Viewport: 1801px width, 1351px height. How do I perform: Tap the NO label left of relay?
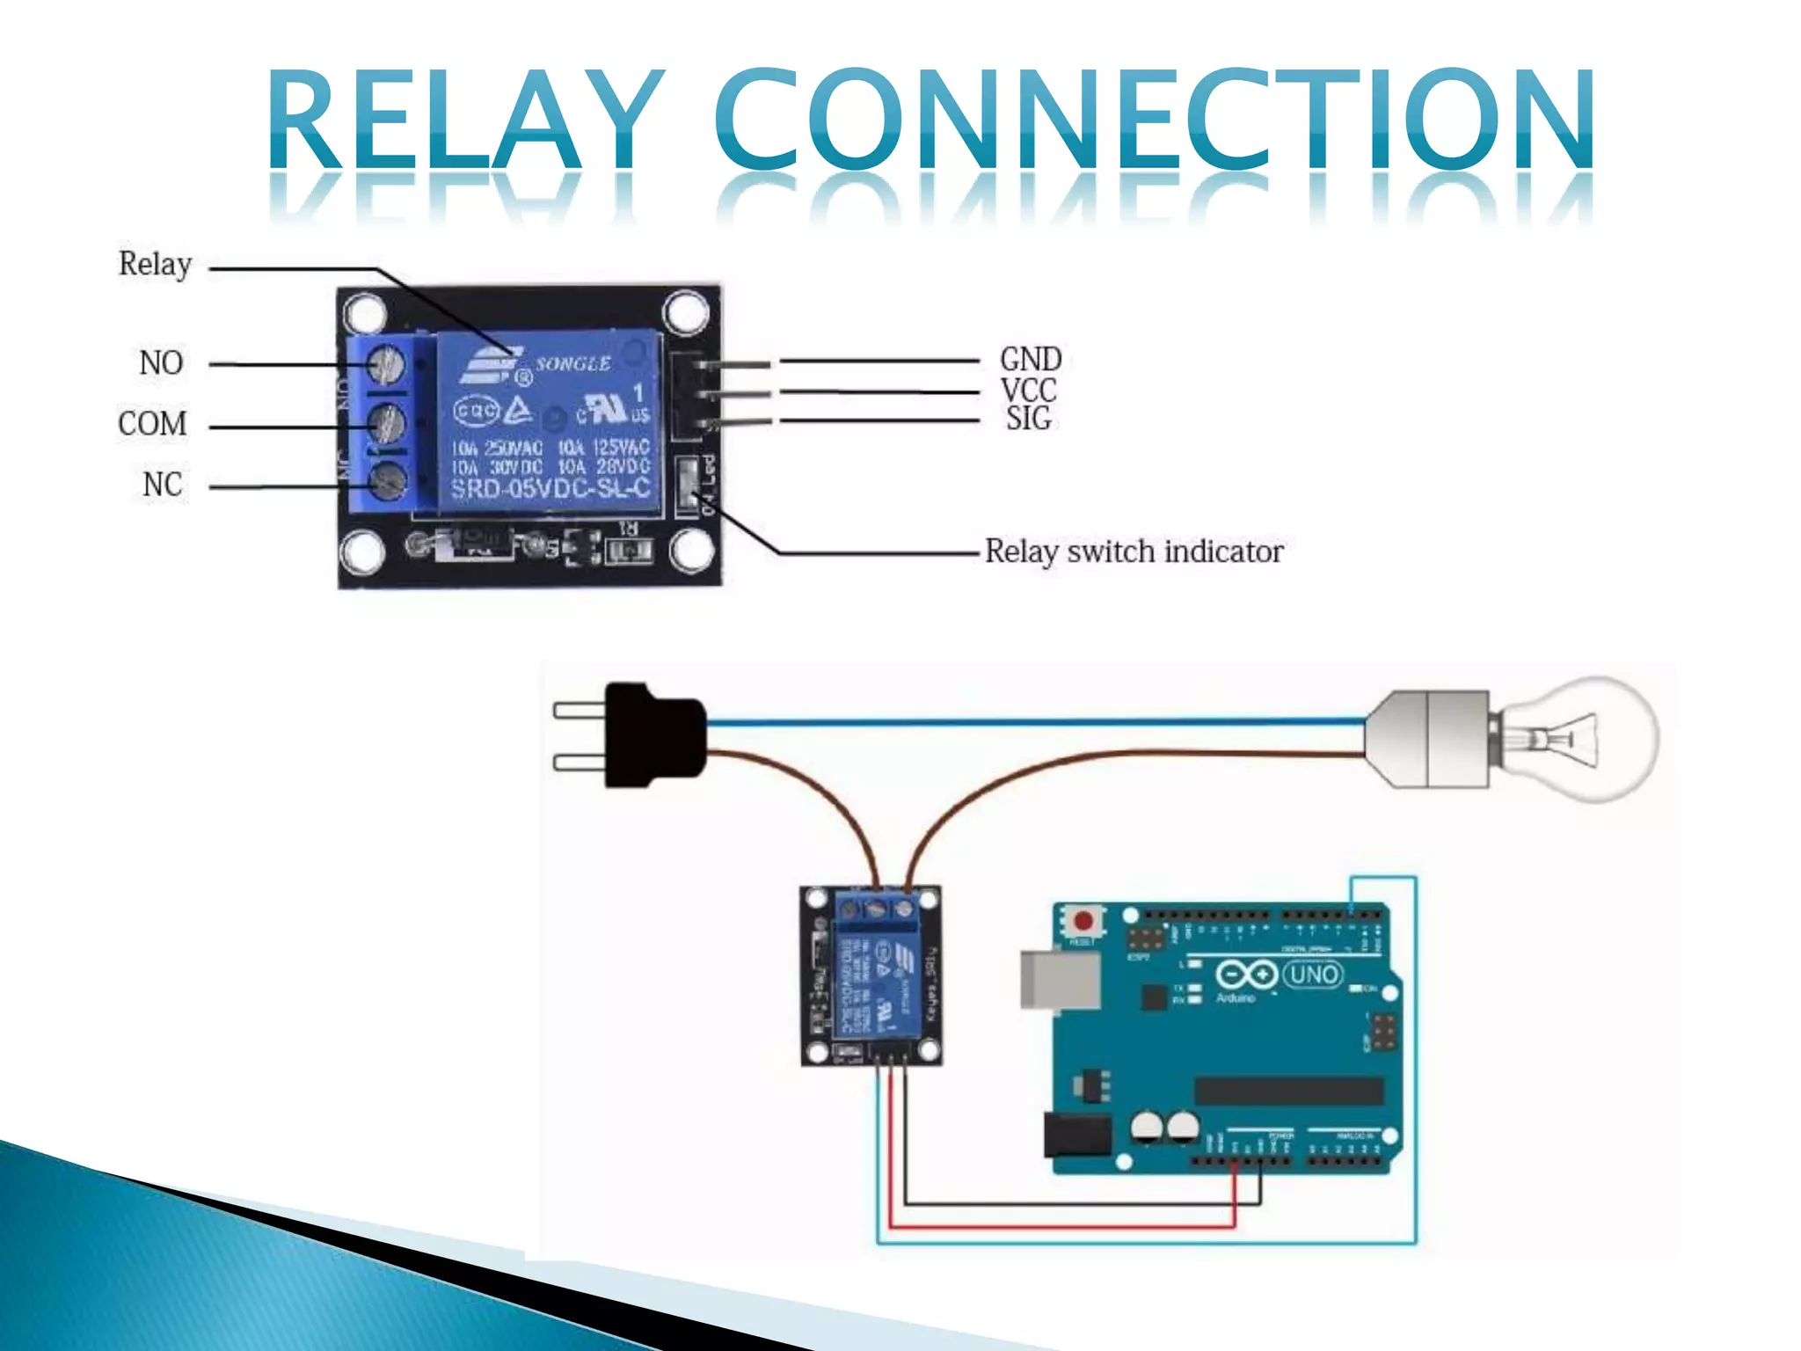tap(161, 362)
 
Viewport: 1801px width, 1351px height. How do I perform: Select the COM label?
tap(152, 424)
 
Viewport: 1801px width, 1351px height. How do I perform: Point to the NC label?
tap(163, 485)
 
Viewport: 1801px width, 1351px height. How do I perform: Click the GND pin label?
tap(1031, 359)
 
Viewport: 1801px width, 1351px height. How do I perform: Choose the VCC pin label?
tap(1028, 390)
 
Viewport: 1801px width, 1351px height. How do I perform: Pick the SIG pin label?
tap(1028, 419)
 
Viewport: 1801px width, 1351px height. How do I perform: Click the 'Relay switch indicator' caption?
tap(1134, 551)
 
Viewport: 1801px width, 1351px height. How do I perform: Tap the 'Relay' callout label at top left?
tap(155, 263)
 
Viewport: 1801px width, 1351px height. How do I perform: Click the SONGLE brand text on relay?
tap(573, 363)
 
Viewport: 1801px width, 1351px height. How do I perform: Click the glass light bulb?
tap(1583, 739)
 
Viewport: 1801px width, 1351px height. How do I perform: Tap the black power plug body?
tap(655, 735)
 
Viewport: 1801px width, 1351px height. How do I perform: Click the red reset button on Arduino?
tap(1083, 921)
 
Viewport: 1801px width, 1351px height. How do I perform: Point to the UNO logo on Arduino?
tap(1312, 975)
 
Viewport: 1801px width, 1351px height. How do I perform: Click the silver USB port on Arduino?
tap(1060, 979)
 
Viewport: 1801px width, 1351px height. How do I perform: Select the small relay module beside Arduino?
tap(871, 976)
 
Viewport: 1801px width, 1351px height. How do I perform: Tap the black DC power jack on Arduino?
tap(1076, 1135)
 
